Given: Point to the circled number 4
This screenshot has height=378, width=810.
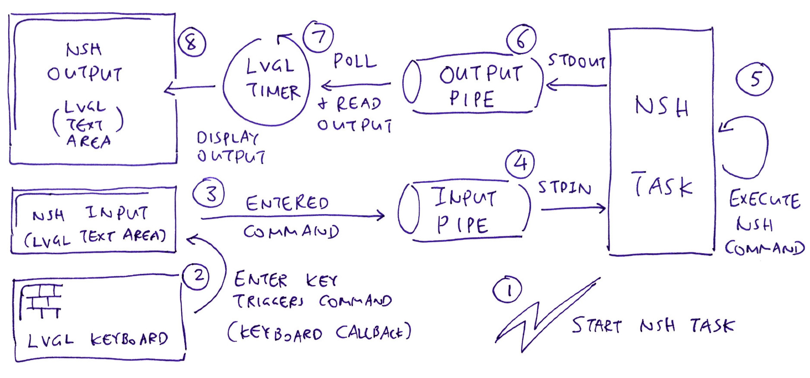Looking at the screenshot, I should (x=520, y=163).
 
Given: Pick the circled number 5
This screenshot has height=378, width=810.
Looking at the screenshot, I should (x=754, y=79).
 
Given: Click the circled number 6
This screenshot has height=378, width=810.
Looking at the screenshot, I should (x=521, y=39).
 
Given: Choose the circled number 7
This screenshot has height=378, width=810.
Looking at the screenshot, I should (x=318, y=37).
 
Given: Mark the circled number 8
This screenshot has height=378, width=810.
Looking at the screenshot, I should (x=192, y=42).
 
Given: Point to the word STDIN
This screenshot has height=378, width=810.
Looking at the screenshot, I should (x=564, y=187).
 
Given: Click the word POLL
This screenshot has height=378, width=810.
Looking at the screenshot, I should (x=355, y=61).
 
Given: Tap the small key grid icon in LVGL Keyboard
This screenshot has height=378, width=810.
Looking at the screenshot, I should (x=42, y=301).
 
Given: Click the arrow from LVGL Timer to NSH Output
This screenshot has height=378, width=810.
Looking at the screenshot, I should (x=190, y=88).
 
